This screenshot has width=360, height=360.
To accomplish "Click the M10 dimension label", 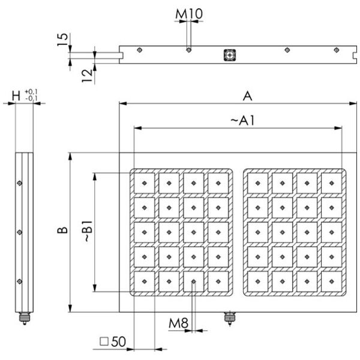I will (x=189, y=13).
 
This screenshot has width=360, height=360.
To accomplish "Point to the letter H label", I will (x=16, y=95).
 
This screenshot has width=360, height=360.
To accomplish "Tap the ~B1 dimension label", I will (x=88, y=231).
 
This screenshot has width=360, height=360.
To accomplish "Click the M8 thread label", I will (x=178, y=324).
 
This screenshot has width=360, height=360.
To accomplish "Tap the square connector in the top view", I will (x=229, y=55).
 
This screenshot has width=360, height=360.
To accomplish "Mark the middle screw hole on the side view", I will (x=20, y=232).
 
